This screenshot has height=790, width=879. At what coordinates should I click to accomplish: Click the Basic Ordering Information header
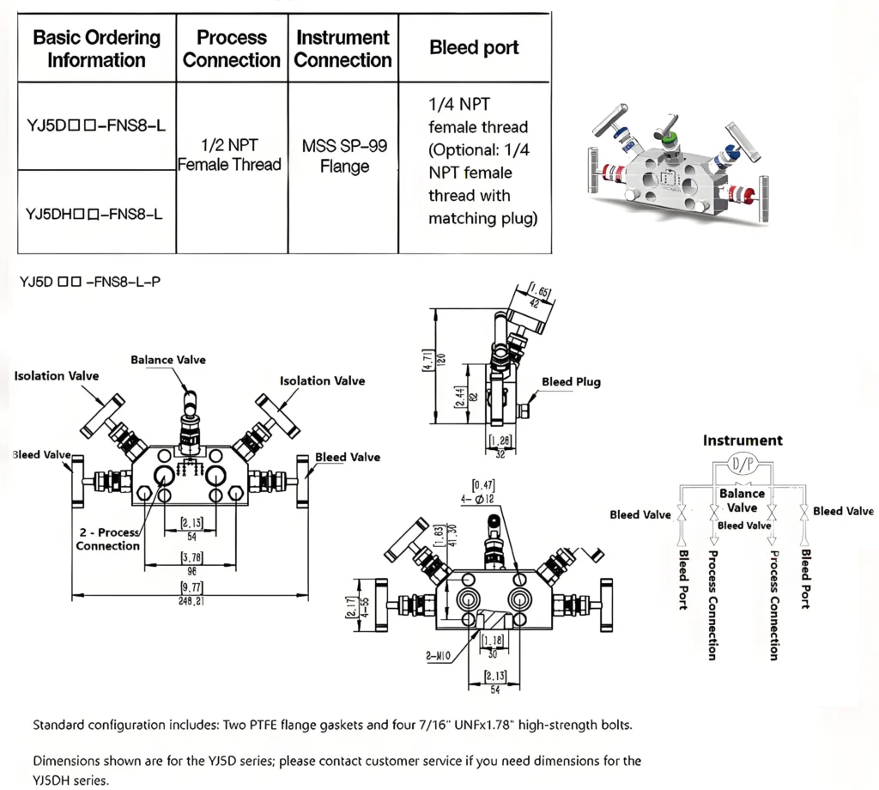pos(96,49)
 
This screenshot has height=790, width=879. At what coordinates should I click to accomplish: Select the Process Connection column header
pos(232,49)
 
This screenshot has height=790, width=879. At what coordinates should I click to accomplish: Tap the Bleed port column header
pos(474,48)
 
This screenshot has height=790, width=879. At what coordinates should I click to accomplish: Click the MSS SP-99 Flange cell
pos(343,155)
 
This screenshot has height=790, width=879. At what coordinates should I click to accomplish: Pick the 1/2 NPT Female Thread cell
pos(231,155)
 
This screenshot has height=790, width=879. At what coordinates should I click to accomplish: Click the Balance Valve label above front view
pos(168,360)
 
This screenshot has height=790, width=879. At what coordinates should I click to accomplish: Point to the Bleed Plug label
pos(571,382)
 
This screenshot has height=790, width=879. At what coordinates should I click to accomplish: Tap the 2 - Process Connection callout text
pos(107,539)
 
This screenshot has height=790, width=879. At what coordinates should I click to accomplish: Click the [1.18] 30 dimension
pos(492,645)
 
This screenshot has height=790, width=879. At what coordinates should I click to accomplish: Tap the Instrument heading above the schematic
pos(743,441)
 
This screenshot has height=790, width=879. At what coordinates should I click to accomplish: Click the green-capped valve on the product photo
pos(667,132)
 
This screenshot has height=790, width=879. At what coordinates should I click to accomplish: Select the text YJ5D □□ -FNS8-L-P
pos(89,281)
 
